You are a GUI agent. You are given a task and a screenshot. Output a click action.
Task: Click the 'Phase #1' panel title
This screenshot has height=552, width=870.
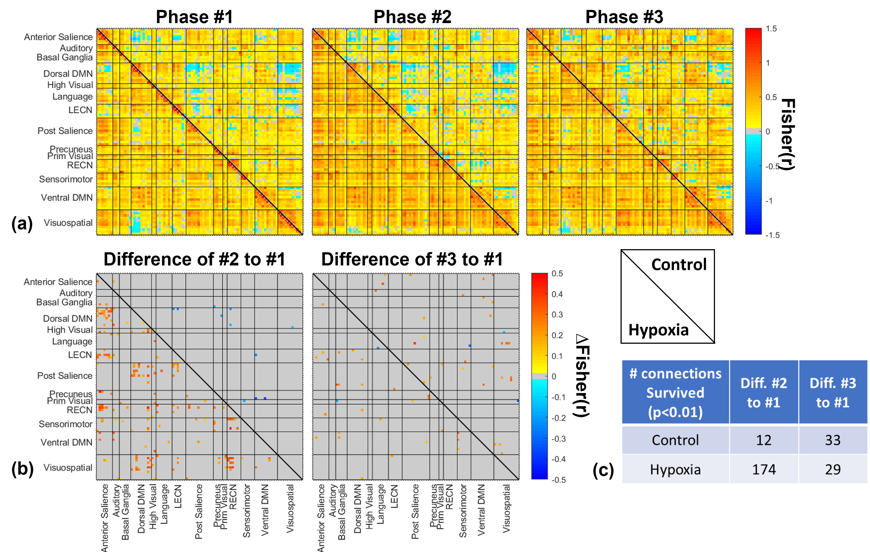[194, 17]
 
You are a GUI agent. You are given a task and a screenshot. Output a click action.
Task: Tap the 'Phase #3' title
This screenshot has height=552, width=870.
[624, 17]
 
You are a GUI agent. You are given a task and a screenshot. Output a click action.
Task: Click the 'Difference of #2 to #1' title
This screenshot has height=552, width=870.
[194, 259]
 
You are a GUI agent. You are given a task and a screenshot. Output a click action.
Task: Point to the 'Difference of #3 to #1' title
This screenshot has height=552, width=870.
[412, 259]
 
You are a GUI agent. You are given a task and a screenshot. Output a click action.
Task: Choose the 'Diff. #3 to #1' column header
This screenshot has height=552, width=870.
[833, 393]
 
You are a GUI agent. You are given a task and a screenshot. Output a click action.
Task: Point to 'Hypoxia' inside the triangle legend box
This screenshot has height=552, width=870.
[658, 330]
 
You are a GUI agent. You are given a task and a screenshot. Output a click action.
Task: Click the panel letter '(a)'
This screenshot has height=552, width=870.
[22, 223]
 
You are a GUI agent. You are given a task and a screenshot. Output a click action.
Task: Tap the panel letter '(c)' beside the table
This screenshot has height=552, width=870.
[603, 470]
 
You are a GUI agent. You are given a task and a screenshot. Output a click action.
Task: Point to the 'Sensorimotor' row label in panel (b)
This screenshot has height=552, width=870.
[65, 424]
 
